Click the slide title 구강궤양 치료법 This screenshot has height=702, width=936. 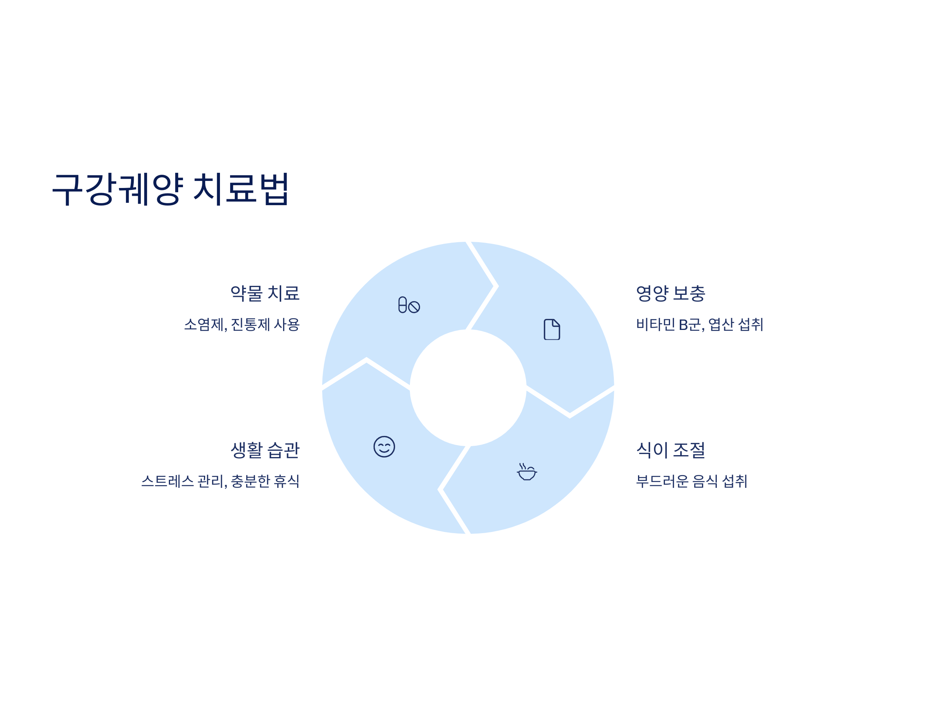pos(170,189)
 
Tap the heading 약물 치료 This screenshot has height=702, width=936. pos(265,293)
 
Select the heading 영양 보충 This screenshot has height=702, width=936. pos(671,293)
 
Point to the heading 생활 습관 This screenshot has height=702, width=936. pos(265,450)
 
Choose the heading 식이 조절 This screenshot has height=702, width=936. pos(671,450)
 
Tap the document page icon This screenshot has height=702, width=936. pos(552,329)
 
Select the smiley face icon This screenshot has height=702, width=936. pos(384,447)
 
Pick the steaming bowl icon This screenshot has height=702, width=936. pos(527,472)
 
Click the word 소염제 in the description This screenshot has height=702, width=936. pos(204,324)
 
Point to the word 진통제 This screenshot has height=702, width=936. pos(250,324)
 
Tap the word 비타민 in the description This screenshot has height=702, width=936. pos(656,324)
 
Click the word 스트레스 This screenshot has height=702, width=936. pos(168,481)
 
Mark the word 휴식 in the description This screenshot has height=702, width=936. pos(287,481)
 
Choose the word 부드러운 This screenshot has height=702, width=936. pos(662,481)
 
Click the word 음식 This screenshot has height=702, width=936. pos(705,481)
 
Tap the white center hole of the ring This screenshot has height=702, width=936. pos(468,388)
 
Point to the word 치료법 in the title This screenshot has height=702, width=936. pos(241,189)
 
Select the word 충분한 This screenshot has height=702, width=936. pos(250,481)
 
